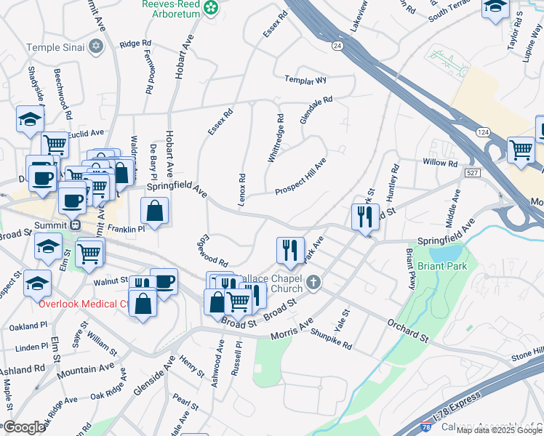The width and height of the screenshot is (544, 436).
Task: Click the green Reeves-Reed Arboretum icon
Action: (x=212, y=8)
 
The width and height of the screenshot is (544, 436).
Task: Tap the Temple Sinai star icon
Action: (x=95, y=47)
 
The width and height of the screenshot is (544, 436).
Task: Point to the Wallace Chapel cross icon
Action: (x=313, y=282)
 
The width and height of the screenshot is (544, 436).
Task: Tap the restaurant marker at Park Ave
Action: (x=290, y=249)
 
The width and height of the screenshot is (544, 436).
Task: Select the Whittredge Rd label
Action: (x=275, y=137)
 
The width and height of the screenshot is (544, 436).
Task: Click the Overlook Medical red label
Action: (x=64, y=303)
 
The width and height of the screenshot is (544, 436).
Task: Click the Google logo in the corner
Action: (x=23, y=427)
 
